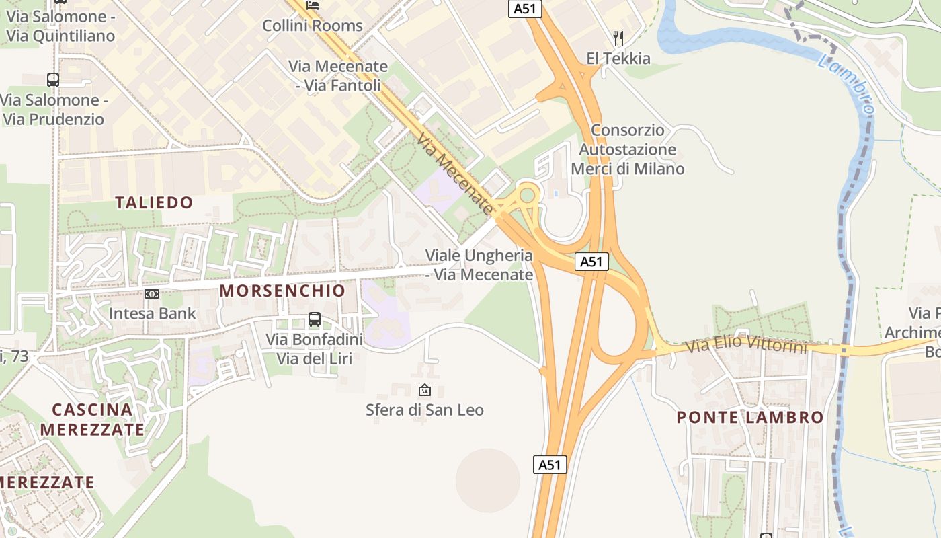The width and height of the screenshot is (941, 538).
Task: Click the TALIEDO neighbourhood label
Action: [x=154, y=202]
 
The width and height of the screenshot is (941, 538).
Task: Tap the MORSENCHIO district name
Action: [x=282, y=291]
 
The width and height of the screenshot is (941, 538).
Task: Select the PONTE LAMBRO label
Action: [x=749, y=417]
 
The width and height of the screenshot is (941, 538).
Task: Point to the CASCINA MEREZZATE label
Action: [x=92, y=419]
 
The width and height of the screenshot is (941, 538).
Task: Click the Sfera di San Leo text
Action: [x=424, y=410]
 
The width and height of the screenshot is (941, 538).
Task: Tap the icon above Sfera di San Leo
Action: [x=425, y=390]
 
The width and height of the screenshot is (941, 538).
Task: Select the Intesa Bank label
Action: [x=153, y=313]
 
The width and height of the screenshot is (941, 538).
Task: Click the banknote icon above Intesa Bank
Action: [x=153, y=294]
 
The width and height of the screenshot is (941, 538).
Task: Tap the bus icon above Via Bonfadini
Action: [x=314, y=319]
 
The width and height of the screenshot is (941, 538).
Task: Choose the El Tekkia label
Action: [x=618, y=59]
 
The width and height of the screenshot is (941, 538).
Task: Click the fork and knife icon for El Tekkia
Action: [x=618, y=38]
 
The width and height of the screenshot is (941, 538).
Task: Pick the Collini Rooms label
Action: [x=312, y=26]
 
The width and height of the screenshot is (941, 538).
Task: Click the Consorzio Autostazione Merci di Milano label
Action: [x=628, y=149]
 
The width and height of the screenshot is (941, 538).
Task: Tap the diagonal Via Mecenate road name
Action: [x=455, y=171]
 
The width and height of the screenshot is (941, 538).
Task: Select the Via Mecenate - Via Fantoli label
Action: [x=339, y=76]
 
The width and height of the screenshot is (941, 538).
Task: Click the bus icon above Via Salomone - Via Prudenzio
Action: [x=53, y=80]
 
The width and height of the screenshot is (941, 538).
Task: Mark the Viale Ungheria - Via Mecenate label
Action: [x=479, y=265]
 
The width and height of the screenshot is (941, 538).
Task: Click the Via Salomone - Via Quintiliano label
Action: [x=60, y=26]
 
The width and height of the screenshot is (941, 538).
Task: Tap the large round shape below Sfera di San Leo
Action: [x=488, y=480]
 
